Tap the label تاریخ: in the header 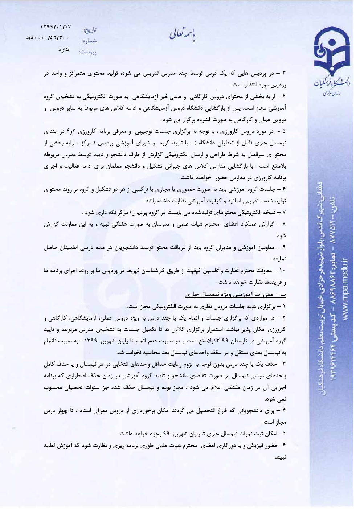click(x=90, y=30)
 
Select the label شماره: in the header click(x=89, y=41)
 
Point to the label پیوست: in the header click(x=88, y=52)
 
